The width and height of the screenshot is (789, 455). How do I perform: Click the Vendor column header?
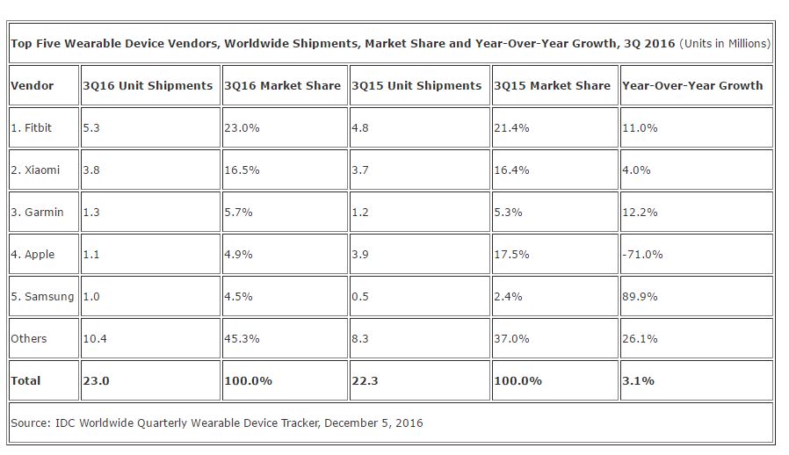(x=33, y=85)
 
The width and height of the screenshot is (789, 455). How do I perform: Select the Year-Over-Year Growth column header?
(x=692, y=85)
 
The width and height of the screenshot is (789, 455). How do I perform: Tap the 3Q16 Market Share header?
(x=282, y=85)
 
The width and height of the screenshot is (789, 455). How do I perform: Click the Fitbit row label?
(x=32, y=128)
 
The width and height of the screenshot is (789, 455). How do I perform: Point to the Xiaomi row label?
(x=35, y=170)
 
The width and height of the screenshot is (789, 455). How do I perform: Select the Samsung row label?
(x=42, y=297)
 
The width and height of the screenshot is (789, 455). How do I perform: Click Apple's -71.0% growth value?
(x=642, y=255)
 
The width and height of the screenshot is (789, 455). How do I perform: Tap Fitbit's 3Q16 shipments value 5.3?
(x=91, y=128)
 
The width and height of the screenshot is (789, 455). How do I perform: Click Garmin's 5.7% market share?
(x=238, y=213)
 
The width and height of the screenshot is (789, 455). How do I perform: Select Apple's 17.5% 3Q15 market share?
(x=511, y=255)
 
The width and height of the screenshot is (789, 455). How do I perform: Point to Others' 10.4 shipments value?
(x=95, y=339)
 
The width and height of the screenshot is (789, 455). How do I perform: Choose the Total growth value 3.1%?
(x=638, y=381)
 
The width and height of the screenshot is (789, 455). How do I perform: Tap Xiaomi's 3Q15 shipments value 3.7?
(x=360, y=170)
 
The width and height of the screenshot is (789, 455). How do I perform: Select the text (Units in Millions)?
(x=725, y=43)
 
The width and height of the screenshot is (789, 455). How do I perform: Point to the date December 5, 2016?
(x=373, y=422)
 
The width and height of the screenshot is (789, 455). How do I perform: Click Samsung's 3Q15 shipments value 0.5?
(x=360, y=297)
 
